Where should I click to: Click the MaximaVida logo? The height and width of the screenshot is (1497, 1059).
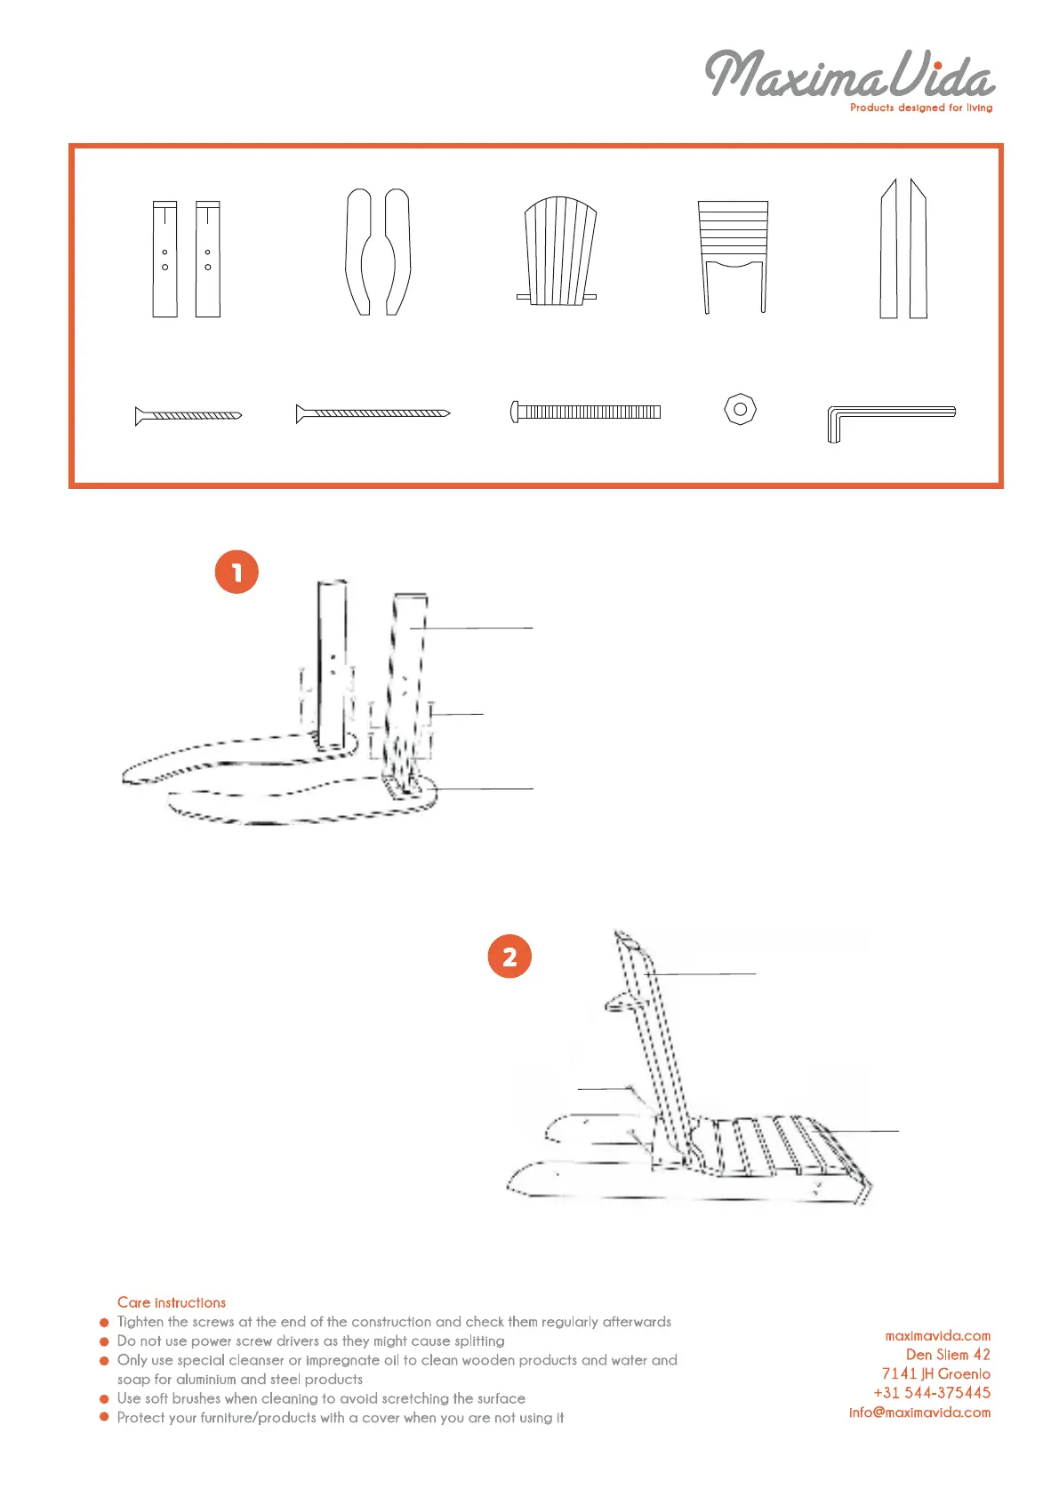(x=849, y=74)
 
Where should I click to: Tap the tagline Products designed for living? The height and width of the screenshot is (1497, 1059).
(x=920, y=108)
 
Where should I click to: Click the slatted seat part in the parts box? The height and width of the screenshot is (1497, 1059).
(x=733, y=257)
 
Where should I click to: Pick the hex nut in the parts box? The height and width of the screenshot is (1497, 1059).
(x=740, y=409)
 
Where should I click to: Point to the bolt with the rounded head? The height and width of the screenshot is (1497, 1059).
(x=585, y=412)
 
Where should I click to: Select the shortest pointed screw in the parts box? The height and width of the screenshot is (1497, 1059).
(x=188, y=416)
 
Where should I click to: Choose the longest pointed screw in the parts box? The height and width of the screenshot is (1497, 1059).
(x=373, y=413)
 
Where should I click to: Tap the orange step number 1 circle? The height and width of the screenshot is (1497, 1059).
(x=237, y=572)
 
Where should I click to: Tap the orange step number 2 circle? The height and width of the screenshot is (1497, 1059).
(x=509, y=957)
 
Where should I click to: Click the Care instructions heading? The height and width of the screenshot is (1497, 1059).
(x=171, y=1302)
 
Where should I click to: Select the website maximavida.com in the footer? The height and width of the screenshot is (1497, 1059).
(x=937, y=1336)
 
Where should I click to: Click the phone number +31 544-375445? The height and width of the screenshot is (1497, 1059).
(x=932, y=1393)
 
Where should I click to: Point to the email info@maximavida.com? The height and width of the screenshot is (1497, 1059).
(x=919, y=1413)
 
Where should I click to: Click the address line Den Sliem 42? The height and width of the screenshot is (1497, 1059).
(x=947, y=1355)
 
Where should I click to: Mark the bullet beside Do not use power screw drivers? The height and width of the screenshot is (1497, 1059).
(x=104, y=1341)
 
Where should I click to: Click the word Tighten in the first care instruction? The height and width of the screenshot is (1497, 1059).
(x=140, y=1322)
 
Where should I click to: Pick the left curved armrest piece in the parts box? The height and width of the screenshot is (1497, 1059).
(x=358, y=252)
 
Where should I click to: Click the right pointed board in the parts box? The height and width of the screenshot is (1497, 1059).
(x=918, y=248)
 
